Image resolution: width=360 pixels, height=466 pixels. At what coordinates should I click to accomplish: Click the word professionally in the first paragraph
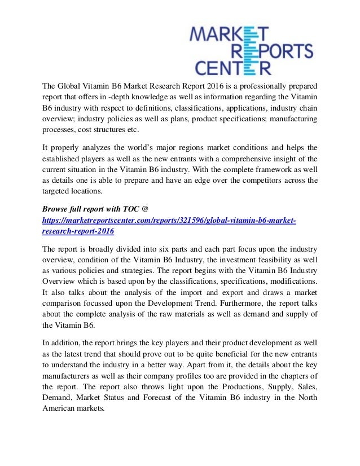point(253,87)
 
